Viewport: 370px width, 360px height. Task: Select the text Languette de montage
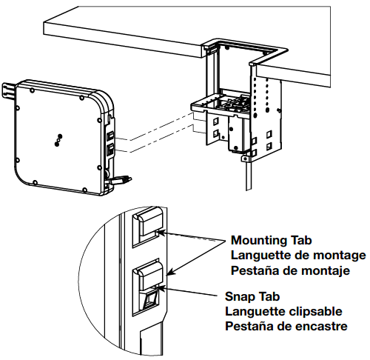point(298,256)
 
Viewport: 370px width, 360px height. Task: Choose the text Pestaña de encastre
point(286,326)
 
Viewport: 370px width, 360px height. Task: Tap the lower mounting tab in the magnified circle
point(147,280)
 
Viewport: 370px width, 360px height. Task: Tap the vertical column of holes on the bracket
point(259,93)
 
